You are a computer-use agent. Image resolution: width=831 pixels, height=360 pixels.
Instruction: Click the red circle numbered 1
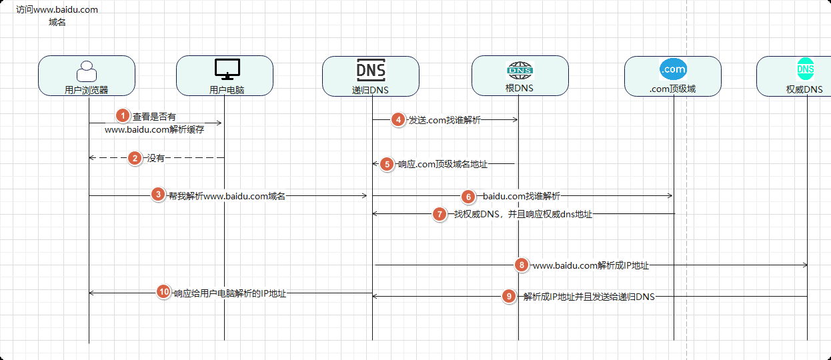coord(123,116)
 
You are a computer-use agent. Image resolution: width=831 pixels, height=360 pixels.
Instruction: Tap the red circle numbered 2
coord(135,158)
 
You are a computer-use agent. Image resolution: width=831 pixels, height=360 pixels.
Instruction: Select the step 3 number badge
coord(158,194)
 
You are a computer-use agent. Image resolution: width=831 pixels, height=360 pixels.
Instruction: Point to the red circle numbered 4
coord(398,120)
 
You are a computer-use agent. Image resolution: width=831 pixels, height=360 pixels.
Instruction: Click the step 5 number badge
coord(387,164)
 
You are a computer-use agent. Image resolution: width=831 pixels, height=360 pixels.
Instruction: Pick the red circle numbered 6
coord(468,197)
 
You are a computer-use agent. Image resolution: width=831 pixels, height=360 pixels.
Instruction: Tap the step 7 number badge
coord(440,214)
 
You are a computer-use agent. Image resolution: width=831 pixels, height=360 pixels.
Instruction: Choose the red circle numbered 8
coord(522,265)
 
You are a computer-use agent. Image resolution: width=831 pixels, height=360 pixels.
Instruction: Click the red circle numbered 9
coord(509,296)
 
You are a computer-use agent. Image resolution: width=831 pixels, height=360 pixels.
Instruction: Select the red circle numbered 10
coord(163,292)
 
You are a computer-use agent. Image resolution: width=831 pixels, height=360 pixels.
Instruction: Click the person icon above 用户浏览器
coord(87,71)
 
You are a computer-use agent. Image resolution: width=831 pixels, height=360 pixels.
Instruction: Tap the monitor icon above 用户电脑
coord(227,69)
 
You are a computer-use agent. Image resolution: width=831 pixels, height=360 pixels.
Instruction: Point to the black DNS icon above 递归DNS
coord(371,70)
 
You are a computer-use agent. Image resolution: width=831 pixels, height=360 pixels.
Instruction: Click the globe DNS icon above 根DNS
coord(520,71)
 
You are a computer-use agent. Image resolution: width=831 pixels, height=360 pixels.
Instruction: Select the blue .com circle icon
coord(673,69)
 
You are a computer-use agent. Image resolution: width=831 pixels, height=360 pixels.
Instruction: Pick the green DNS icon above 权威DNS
coord(806,69)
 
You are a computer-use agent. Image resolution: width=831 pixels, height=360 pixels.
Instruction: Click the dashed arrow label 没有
coord(156,158)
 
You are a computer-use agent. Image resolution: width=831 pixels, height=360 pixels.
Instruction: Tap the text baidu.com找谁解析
coord(522,196)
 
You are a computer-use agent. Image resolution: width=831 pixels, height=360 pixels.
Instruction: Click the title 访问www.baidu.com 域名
coord(57,15)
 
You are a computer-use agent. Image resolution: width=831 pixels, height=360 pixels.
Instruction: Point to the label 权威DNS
coord(804,89)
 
